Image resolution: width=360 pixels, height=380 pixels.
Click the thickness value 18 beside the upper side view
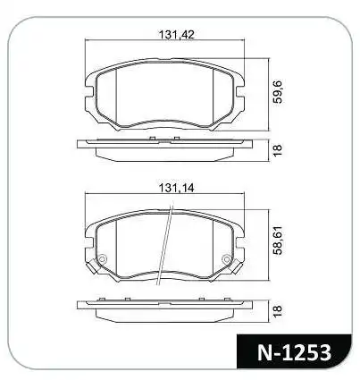pyautogui.click(x=277, y=149)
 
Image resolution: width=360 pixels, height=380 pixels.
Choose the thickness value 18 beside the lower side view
pyautogui.click(x=277, y=309)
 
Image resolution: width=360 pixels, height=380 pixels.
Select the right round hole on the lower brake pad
pyautogui.click(x=235, y=260)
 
